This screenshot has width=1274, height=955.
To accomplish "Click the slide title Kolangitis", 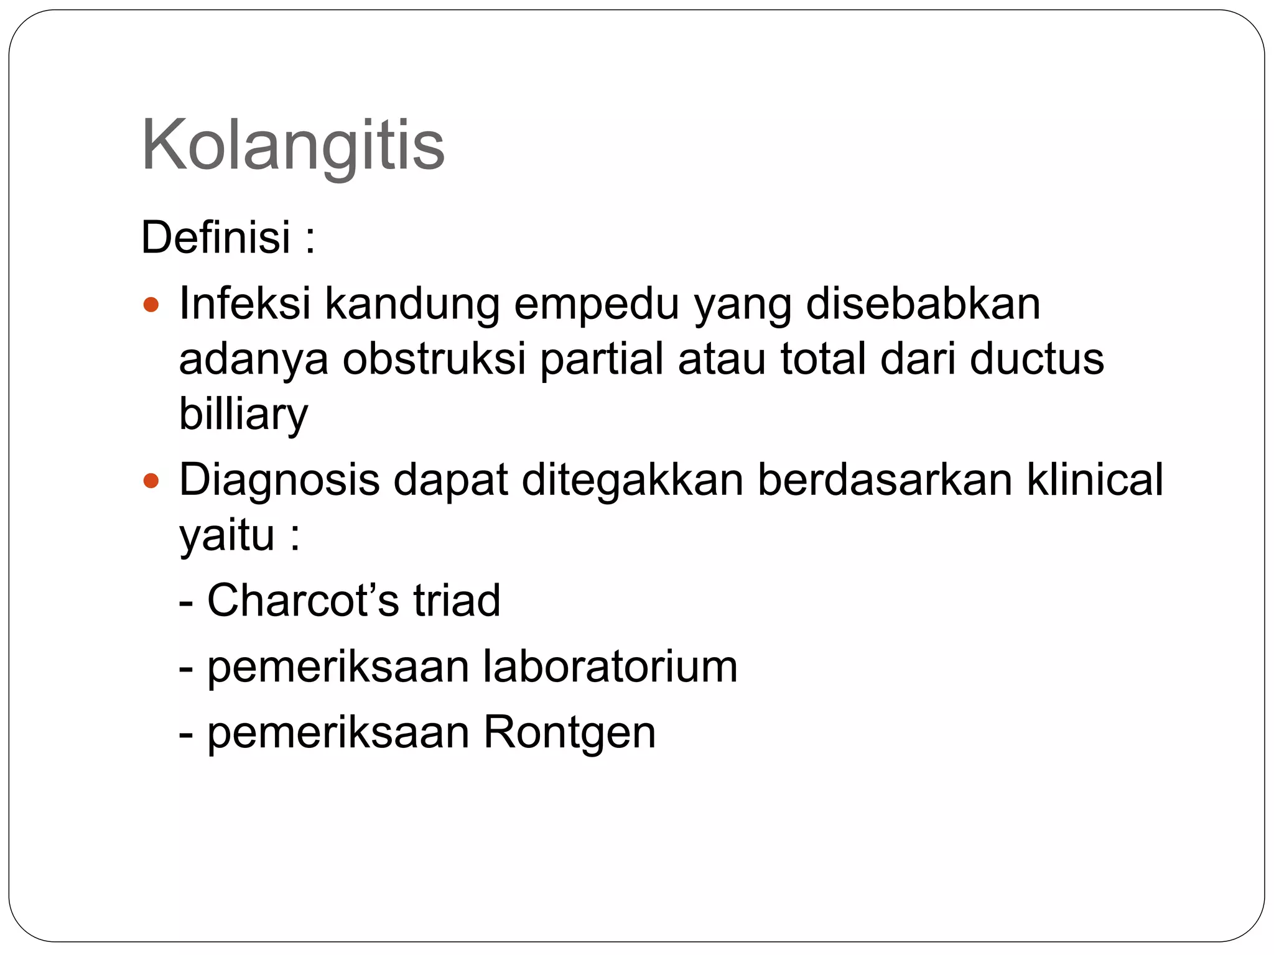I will (x=293, y=145).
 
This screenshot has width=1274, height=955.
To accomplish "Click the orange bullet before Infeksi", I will (x=151, y=305).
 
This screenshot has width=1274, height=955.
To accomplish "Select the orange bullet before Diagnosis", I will (x=151, y=481).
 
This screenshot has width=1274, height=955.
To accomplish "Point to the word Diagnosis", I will (x=279, y=481).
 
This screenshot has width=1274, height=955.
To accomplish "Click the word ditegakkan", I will (x=632, y=481).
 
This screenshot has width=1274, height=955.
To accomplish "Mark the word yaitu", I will (x=226, y=535).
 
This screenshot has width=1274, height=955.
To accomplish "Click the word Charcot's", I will (x=303, y=600).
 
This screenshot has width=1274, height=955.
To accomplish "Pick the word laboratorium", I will (x=610, y=666).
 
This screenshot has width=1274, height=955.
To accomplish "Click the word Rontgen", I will (x=570, y=732).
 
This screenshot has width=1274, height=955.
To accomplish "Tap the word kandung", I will (x=412, y=305).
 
